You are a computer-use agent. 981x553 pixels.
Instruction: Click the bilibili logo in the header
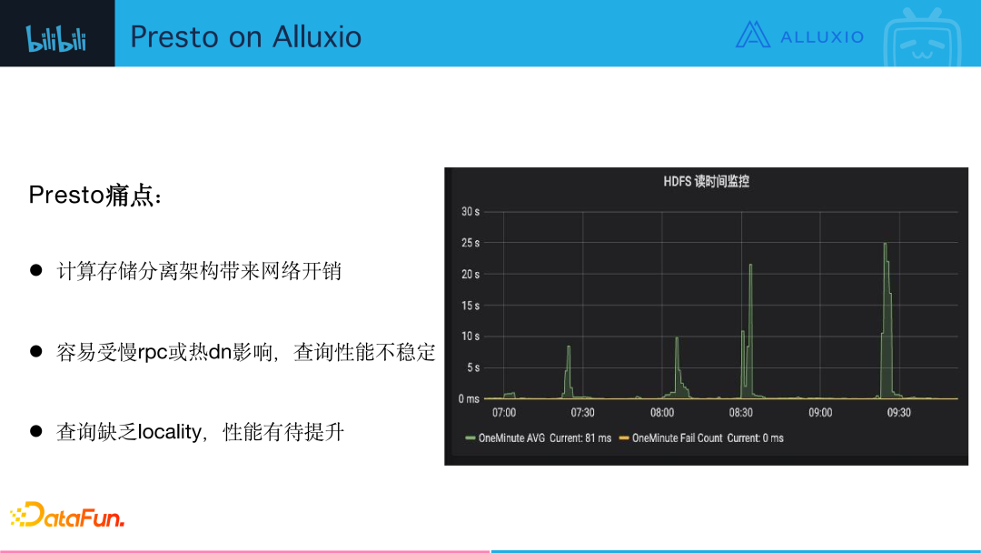(56, 37)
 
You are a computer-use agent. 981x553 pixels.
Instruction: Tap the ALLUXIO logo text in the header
(821, 36)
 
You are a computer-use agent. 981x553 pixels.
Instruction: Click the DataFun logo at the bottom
(67, 516)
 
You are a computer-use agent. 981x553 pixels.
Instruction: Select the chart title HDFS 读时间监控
(706, 182)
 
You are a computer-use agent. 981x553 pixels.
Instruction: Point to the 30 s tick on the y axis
(470, 212)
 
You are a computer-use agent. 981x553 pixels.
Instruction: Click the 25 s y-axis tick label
(470, 243)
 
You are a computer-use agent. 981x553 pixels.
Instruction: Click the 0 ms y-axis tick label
(468, 399)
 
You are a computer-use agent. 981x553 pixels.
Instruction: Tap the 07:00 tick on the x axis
(503, 413)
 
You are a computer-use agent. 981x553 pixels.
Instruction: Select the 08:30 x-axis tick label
(740, 413)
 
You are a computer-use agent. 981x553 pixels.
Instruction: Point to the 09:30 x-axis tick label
(898, 413)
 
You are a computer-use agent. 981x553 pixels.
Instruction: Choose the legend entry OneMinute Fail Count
(677, 438)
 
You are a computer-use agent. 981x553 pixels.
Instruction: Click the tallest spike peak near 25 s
(885, 244)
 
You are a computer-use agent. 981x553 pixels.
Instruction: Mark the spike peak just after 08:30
(751, 265)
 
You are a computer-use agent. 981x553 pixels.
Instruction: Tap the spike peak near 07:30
(569, 347)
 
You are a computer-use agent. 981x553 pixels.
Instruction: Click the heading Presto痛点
(96, 196)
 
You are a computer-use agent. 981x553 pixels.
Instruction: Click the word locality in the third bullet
(169, 432)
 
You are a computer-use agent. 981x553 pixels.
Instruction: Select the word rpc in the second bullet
(154, 352)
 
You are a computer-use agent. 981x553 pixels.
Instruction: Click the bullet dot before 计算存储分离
(37, 270)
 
